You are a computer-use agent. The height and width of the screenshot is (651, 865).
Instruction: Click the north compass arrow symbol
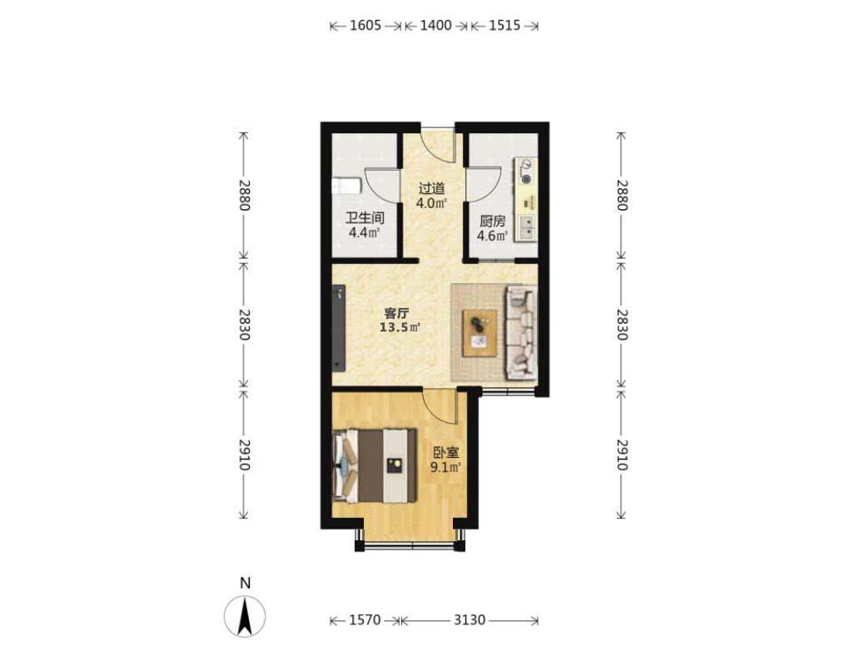coord(245,616)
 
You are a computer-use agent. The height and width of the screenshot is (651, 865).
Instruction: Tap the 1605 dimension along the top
coord(365,25)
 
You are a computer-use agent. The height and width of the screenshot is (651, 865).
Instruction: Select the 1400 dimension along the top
coord(435,25)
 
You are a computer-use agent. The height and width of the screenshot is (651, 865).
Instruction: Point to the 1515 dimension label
coord(505,25)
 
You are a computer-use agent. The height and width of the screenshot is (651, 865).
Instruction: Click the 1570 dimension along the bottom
coord(365,620)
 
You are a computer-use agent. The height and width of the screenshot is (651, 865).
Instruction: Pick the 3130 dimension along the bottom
coord(470,620)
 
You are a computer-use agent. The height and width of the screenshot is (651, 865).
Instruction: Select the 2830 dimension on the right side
coord(622,325)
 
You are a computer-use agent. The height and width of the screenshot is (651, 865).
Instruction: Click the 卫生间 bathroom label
coord(365,218)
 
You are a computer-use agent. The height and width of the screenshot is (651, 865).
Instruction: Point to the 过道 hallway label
coord(431,189)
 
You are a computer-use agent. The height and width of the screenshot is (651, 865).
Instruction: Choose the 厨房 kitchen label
coord(492,221)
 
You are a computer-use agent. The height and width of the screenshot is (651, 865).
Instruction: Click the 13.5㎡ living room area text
coord(400,328)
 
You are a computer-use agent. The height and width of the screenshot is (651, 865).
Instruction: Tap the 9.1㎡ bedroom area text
coord(445,468)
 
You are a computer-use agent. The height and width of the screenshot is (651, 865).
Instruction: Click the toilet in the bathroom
coord(346,186)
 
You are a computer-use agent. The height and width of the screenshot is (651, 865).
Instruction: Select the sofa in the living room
coord(521,333)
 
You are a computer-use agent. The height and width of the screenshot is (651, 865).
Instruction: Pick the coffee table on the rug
coord(480,333)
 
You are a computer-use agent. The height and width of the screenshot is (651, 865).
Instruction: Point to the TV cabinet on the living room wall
coord(339,328)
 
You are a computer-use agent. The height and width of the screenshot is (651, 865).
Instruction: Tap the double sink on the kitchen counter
coord(528,227)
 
